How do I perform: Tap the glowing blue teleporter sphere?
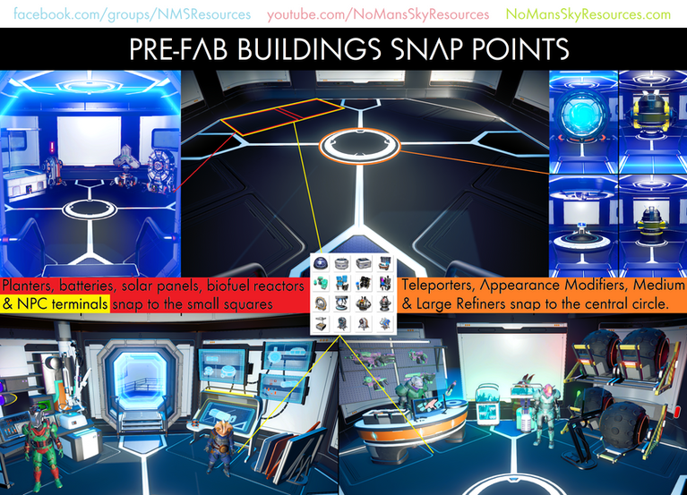[582, 122]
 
